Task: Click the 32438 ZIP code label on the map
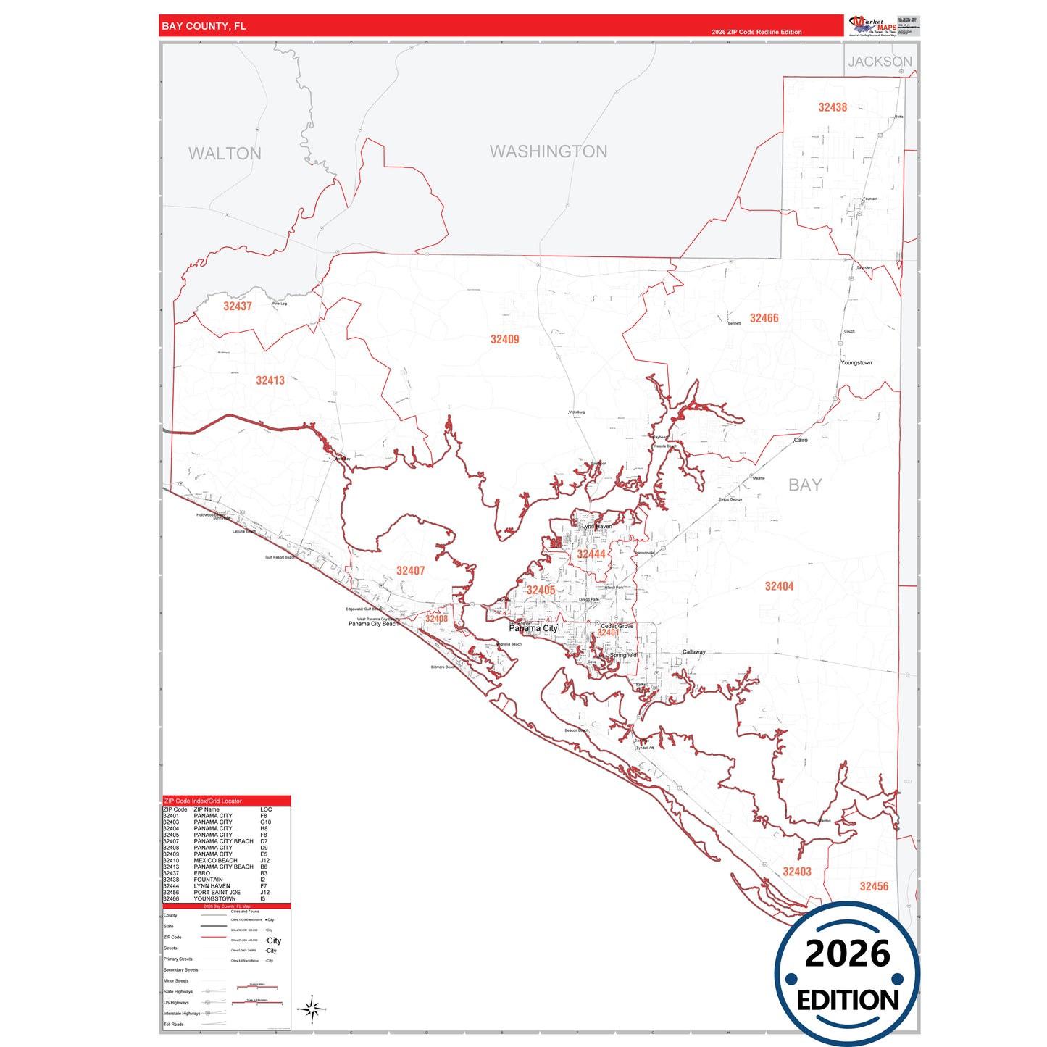tap(833, 107)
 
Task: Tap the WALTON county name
tap(225, 154)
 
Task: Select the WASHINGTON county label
tap(548, 151)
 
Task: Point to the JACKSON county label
tap(880, 62)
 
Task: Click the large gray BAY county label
tap(805, 485)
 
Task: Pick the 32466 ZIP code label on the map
tap(764, 318)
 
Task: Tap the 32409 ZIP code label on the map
tap(504, 339)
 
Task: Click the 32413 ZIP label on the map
tap(270, 380)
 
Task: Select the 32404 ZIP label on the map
tap(779, 586)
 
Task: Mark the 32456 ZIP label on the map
tap(874, 886)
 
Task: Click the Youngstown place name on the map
tap(856, 363)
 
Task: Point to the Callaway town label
tap(693, 652)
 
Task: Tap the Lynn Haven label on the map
tap(597, 526)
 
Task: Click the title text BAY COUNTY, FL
tap(204, 26)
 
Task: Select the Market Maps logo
tap(872, 26)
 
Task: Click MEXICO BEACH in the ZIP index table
tap(215, 861)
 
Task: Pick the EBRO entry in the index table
tap(201, 873)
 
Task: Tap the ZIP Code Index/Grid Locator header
tap(203, 801)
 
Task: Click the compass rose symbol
tap(312, 1009)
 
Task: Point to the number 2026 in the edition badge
tap(847, 954)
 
